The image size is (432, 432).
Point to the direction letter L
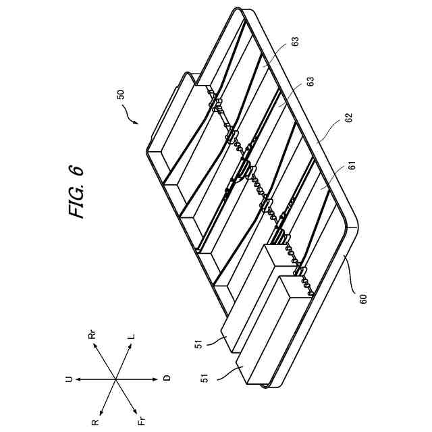tap(132, 335)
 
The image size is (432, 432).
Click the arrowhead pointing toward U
tap(78, 379)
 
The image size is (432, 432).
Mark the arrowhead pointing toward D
tap(156, 379)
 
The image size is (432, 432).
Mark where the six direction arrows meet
tap(116, 379)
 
